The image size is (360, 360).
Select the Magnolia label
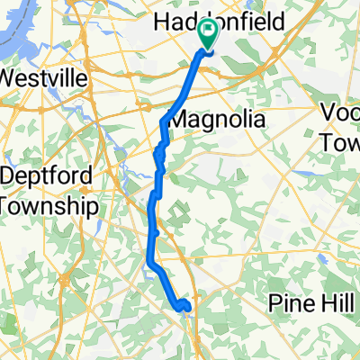coord(217,120)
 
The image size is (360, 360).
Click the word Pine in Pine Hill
coord(291,304)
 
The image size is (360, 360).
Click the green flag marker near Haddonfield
coord(210,35)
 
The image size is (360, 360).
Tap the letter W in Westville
coord(11,78)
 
